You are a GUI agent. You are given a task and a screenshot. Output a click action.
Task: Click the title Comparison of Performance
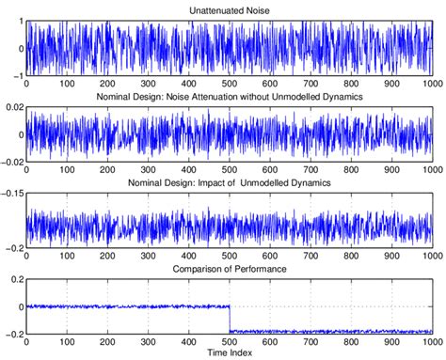(229, 269)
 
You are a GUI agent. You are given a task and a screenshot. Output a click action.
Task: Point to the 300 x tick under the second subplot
(148, 169)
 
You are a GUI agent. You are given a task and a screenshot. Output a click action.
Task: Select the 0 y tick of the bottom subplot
(19, 306)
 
